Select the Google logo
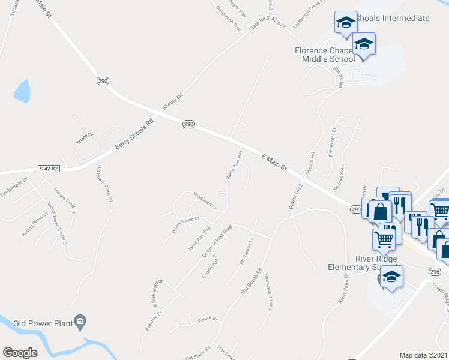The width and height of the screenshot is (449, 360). [x=20, y=353]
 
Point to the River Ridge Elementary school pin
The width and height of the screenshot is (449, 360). [x=391, y=277]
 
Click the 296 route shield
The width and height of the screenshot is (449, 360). [x=435, y=272]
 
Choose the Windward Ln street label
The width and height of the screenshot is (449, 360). [x=205, y=199]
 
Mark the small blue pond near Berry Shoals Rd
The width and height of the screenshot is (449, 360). [x=22, y=91]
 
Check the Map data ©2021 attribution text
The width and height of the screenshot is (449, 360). [x=424, y=355]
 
